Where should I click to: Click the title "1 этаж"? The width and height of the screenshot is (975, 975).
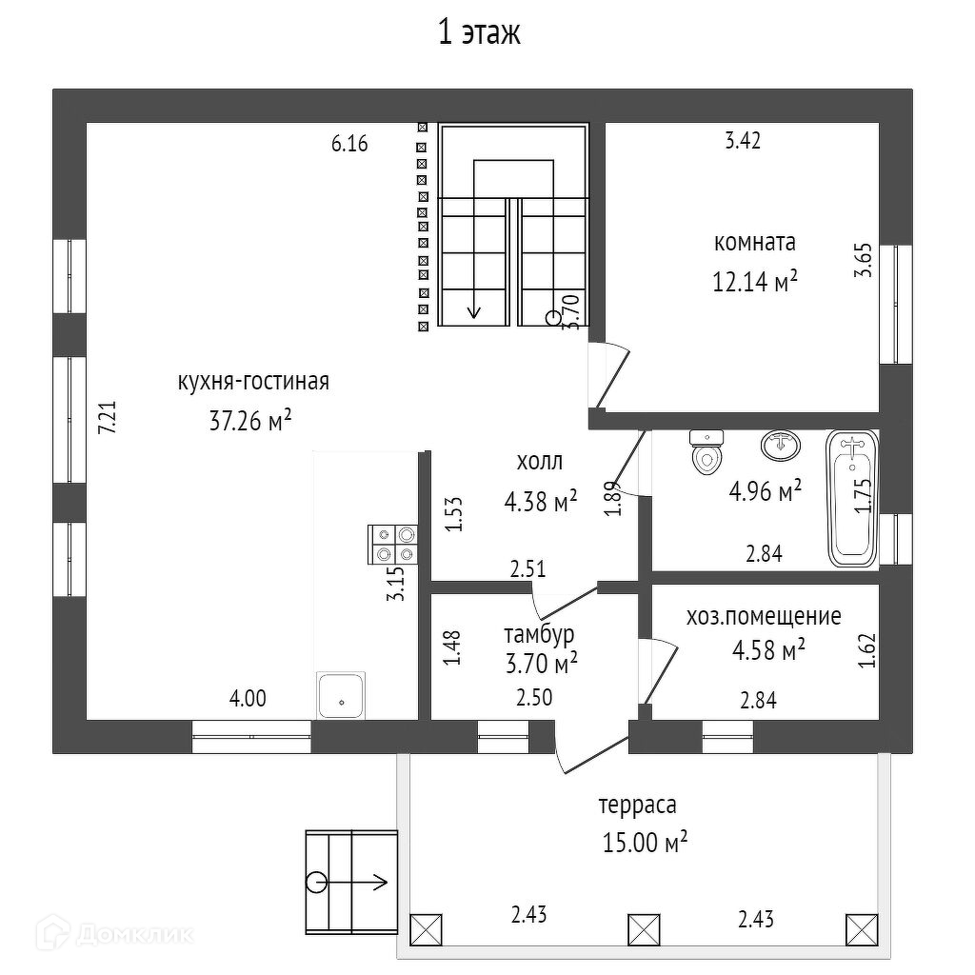[479, 33]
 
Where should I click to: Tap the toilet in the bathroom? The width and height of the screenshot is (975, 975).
[706, 451]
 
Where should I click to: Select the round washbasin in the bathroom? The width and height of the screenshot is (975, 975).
[781, 445]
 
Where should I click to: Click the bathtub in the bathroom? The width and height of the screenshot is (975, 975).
[852, 499]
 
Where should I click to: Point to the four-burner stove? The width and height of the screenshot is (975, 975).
[392, 544]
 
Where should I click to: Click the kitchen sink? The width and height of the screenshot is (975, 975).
[340, 696]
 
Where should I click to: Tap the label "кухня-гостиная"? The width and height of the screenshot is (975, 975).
[253, 382]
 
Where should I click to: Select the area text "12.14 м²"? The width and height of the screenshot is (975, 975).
[755, 282]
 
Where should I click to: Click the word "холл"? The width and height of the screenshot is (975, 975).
[539, 462]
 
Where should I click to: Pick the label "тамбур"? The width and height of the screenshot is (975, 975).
[539, 634]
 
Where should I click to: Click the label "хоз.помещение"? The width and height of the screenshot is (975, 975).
[764, 616]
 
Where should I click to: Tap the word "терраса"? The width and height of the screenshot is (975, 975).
[637, 806]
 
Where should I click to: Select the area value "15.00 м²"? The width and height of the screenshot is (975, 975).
[645, 843]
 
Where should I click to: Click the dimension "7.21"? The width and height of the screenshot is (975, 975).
[108, 417]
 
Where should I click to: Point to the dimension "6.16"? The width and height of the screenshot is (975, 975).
[349, 144]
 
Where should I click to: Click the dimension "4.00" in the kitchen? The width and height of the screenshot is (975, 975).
[248, 698]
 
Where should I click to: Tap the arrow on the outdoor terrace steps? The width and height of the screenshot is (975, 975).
[352, 882]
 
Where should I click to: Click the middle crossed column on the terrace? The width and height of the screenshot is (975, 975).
[644, 929]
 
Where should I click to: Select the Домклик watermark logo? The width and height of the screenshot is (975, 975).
[114, 933]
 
